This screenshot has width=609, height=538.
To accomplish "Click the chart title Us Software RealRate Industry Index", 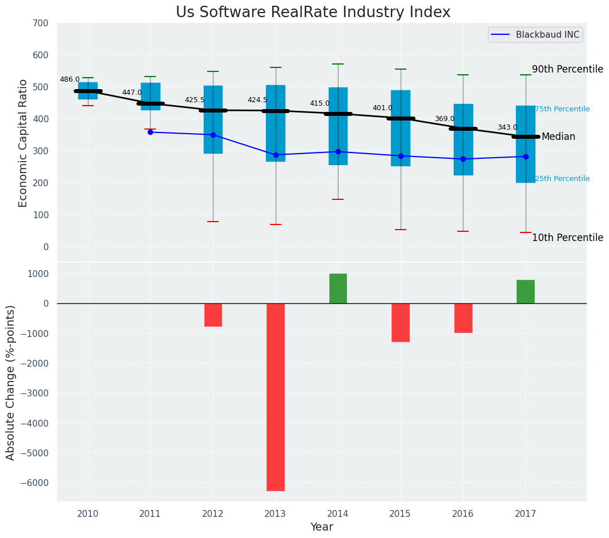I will click(313, 13).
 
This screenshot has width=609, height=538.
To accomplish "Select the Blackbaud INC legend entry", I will click(547, 35).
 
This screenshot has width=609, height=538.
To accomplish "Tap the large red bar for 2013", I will click(276, 396).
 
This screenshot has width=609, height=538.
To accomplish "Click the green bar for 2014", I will click(338, 288).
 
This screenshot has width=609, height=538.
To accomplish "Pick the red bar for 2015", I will click(401, 322).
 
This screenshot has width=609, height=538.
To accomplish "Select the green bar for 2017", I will click(526, 291).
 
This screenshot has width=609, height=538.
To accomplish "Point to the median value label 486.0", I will click(70, 80).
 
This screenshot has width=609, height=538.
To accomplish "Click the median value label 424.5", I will click(257, 100).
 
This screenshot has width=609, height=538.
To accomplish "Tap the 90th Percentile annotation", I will click(567, 70).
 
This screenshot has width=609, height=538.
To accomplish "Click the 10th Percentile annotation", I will click(567, 238).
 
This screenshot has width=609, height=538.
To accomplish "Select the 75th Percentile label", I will click(562, 109).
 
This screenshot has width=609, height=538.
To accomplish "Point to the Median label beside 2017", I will click(558, 137).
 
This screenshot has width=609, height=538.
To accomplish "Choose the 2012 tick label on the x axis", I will click(213, 513).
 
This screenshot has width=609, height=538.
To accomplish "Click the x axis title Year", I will click(322, 527).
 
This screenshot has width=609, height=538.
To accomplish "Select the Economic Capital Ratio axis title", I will click(23, 143).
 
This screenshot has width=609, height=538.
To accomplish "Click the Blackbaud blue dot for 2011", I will click(150, 132).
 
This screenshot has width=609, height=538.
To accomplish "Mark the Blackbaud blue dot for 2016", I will click(463, 159).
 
